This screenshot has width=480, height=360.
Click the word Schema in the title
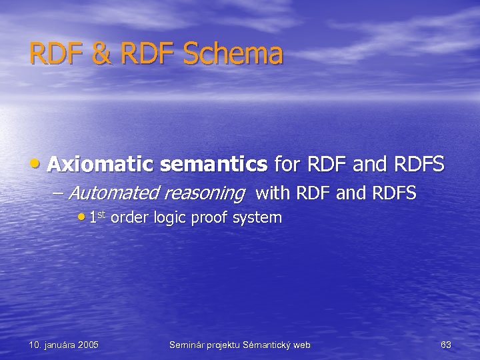coord(233,54)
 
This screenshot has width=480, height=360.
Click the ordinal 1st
coord(97,217)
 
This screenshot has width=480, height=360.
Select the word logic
coord(169,218)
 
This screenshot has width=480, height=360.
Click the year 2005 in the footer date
coord(87,345)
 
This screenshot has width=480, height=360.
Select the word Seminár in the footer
coord(188,345)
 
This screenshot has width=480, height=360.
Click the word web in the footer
coord(301,345)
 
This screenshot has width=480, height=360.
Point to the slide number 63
coord(445,345)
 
